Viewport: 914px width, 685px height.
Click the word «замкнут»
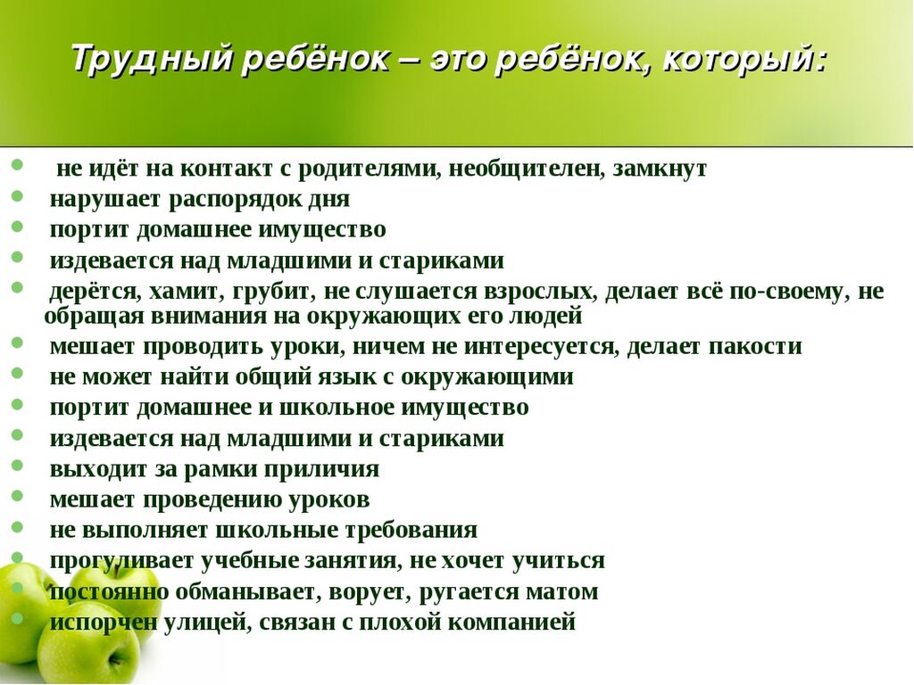click(660, 169)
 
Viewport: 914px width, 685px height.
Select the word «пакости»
click(755, 347)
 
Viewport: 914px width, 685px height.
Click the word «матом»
click(562, 592)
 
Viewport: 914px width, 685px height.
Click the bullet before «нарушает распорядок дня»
click(17, 196)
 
